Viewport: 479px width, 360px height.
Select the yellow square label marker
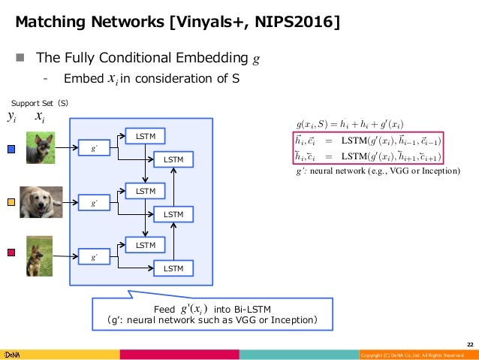(x=10, y=202)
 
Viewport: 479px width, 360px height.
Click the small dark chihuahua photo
(x=39, y=148)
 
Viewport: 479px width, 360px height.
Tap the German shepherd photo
(x=39, y=255)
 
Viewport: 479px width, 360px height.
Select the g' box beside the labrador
(x=94, y=203)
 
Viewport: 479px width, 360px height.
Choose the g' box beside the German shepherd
(x=94, y=257)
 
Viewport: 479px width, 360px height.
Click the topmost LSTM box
(x=146, y=137)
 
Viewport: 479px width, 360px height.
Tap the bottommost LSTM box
(x=173, y=268)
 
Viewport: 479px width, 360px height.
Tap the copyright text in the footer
(x=417, y=355)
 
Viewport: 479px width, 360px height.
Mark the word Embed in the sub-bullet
(x=79, y=78)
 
